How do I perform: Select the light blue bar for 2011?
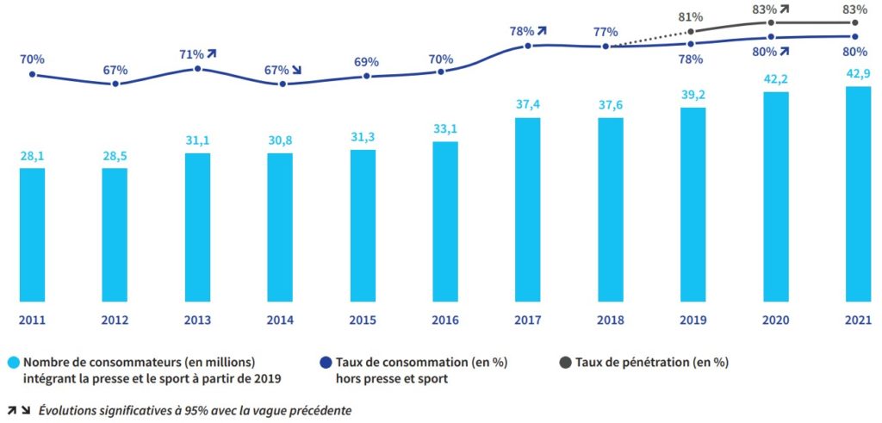[32, 234]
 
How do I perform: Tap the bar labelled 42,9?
[859, 194]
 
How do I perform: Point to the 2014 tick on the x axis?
[280, 320]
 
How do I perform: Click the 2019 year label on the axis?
[693, 320]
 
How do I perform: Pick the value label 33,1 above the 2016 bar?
[444, 130]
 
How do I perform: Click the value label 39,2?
[693, 96]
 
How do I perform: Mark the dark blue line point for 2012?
[115, 84]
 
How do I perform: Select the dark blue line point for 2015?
[367, 76]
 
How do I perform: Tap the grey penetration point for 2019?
[692, 32]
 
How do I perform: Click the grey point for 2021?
[855, 23]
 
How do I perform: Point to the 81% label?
[691, 16]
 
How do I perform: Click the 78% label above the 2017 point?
[521, 31]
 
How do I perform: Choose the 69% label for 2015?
[366, 62]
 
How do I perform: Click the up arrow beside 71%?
[211, 53]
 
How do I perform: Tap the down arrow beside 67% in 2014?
[297, 69]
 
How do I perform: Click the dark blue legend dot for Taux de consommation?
[329, 363]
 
